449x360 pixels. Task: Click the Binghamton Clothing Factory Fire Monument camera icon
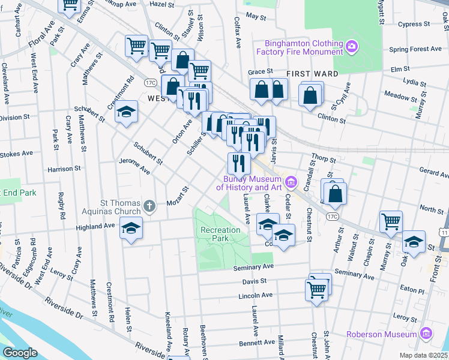(352, 46)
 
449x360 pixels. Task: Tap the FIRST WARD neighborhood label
(312, 73)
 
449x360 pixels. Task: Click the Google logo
(20, 353)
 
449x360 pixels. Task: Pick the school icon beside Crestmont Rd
(126, 113)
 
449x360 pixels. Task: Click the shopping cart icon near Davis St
(317, 290)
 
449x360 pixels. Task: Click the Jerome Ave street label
(135, 167)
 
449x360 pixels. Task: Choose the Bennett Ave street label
(256, 343)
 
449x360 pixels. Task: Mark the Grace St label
(260, 71)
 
